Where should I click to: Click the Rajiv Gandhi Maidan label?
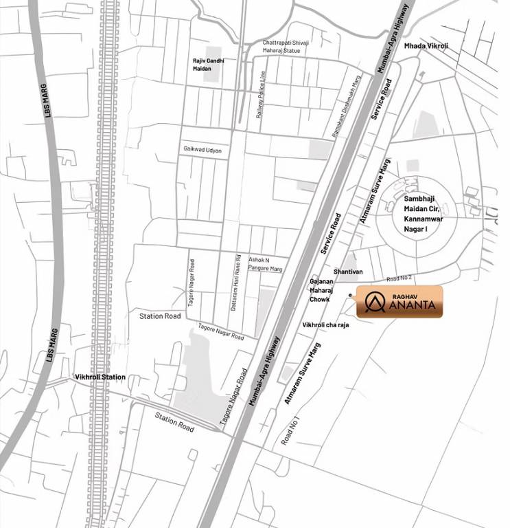click(x=208, y=65)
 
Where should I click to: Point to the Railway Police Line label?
click(x=260, y=96)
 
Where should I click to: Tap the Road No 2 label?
click(x=399, y=278)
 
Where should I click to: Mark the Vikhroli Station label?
click(x=100, y=377)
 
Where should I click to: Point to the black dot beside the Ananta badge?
click(x=350, y=296)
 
